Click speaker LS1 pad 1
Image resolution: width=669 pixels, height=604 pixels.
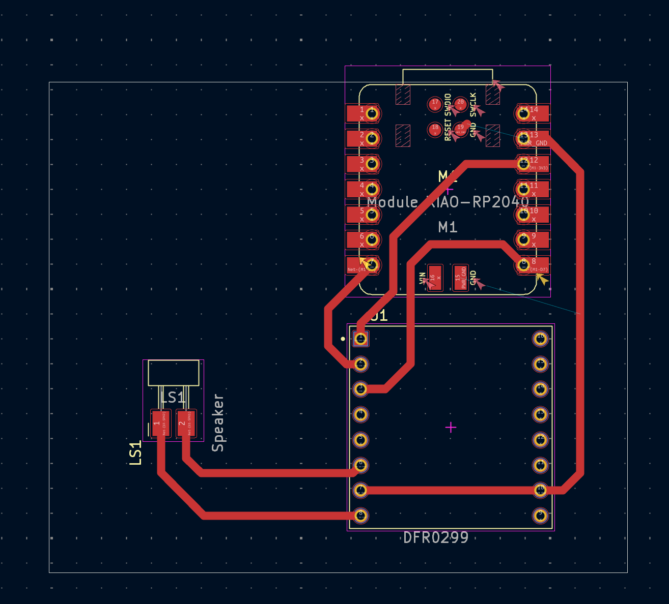point(160,423)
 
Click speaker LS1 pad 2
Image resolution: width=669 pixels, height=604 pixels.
point(186,423)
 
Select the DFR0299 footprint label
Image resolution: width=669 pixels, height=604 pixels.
point(435,538)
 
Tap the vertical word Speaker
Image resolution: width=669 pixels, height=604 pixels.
point(218,423)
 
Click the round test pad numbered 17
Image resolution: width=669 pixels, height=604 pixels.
point(435,104)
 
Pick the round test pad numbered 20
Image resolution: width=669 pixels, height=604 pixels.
point(460,104)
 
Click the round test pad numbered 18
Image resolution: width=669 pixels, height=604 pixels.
point(435,130)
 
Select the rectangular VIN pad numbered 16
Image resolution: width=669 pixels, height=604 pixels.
point(435,278)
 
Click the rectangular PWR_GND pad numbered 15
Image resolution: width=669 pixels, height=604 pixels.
point(460,278)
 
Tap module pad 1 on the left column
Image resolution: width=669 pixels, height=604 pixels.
point(363,113)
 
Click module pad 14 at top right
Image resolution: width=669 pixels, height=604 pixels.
point(533,113)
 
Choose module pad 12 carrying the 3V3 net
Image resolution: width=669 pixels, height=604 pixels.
point(533,164)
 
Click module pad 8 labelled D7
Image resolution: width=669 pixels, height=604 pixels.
point(533,265)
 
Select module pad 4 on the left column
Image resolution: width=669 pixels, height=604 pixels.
point(363,189)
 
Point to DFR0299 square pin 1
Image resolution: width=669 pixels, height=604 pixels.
point(361,338)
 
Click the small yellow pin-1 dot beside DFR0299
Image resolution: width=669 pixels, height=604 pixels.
point(343,339)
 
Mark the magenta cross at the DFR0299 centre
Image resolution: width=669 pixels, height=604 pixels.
point(451,428)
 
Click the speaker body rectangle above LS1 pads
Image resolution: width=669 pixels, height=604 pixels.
point(173,373)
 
